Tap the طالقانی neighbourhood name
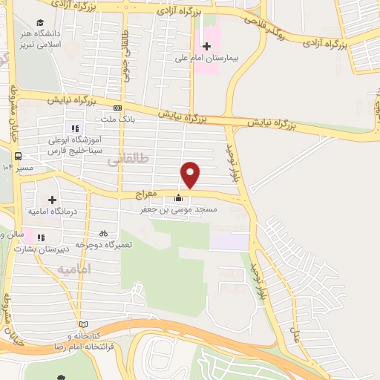coord(128,159)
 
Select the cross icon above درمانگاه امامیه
coord(52,200)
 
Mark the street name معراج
coord(148,195)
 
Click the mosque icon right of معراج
coord(178,198)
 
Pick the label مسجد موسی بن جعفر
coord(179,210)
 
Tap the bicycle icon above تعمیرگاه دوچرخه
coord(103,232)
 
